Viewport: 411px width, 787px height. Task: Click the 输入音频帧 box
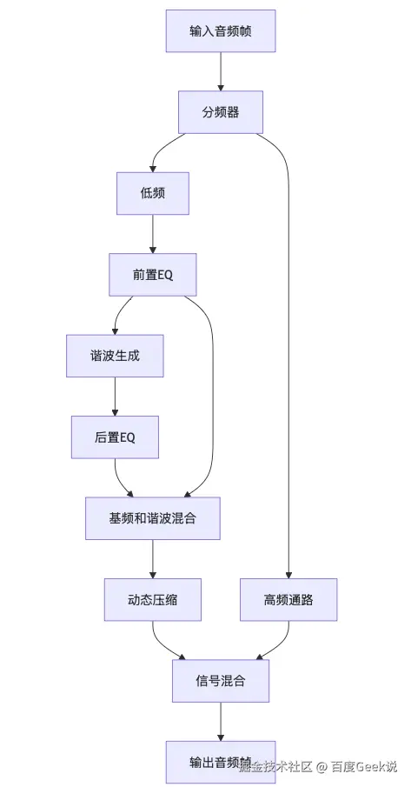pyautogui.click(x=221, y=31)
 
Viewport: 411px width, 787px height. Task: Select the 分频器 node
pyautogui.click(x=221, y=112)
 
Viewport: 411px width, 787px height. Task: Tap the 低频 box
pyautogui.click(x=153, y=193)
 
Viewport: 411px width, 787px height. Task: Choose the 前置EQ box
pyautogui.click(x=153, y=274)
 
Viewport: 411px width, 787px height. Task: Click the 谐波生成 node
pyautogui.click(x=115, y=356)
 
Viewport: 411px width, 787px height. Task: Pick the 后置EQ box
pyautogui.click(x=115, y=437)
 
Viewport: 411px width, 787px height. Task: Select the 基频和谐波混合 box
pyautogui.click(x=153, y=518)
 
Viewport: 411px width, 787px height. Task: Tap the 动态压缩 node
pyautogui.click(x=153, y=599)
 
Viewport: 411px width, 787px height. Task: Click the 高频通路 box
pyautogui.click(x=288, y=599)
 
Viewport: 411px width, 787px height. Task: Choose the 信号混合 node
pyautogui.click(x=221, y=681)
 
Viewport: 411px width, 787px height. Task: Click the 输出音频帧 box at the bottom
pyautogui.click(x=221, y=762)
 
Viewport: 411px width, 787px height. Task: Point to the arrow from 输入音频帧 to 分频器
pyautogui.click(x=221, y=71)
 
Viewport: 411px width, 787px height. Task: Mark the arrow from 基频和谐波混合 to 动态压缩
pyautogui.click(x=153, y=558)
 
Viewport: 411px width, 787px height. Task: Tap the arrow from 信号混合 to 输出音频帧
pyautogui.click(x=221, y=721)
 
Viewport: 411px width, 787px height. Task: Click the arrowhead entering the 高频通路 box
pyautogui.click(x=288, y=573)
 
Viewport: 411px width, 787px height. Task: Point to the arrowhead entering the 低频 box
pyautogui.click(x=153, y=167)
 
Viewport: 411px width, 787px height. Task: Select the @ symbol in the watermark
pyautogui.click(x=322, y=767)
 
